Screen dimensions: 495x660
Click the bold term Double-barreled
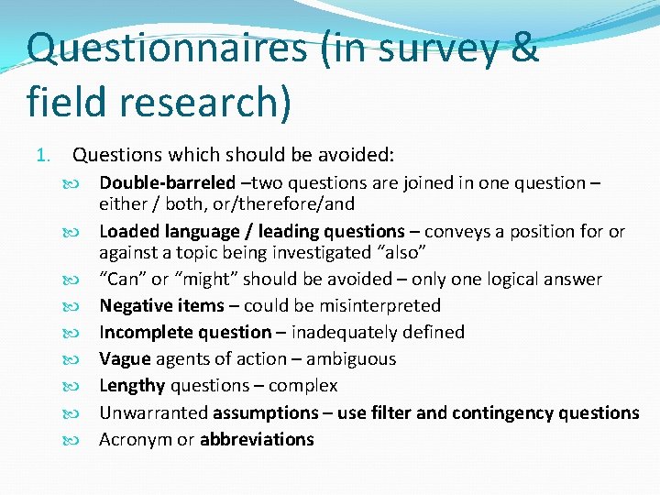tap(167, 183)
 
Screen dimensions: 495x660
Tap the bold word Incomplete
tap(146, 332)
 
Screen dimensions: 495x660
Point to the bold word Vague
tap(125, 358)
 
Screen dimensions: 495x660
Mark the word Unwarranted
tap(153, 412)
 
